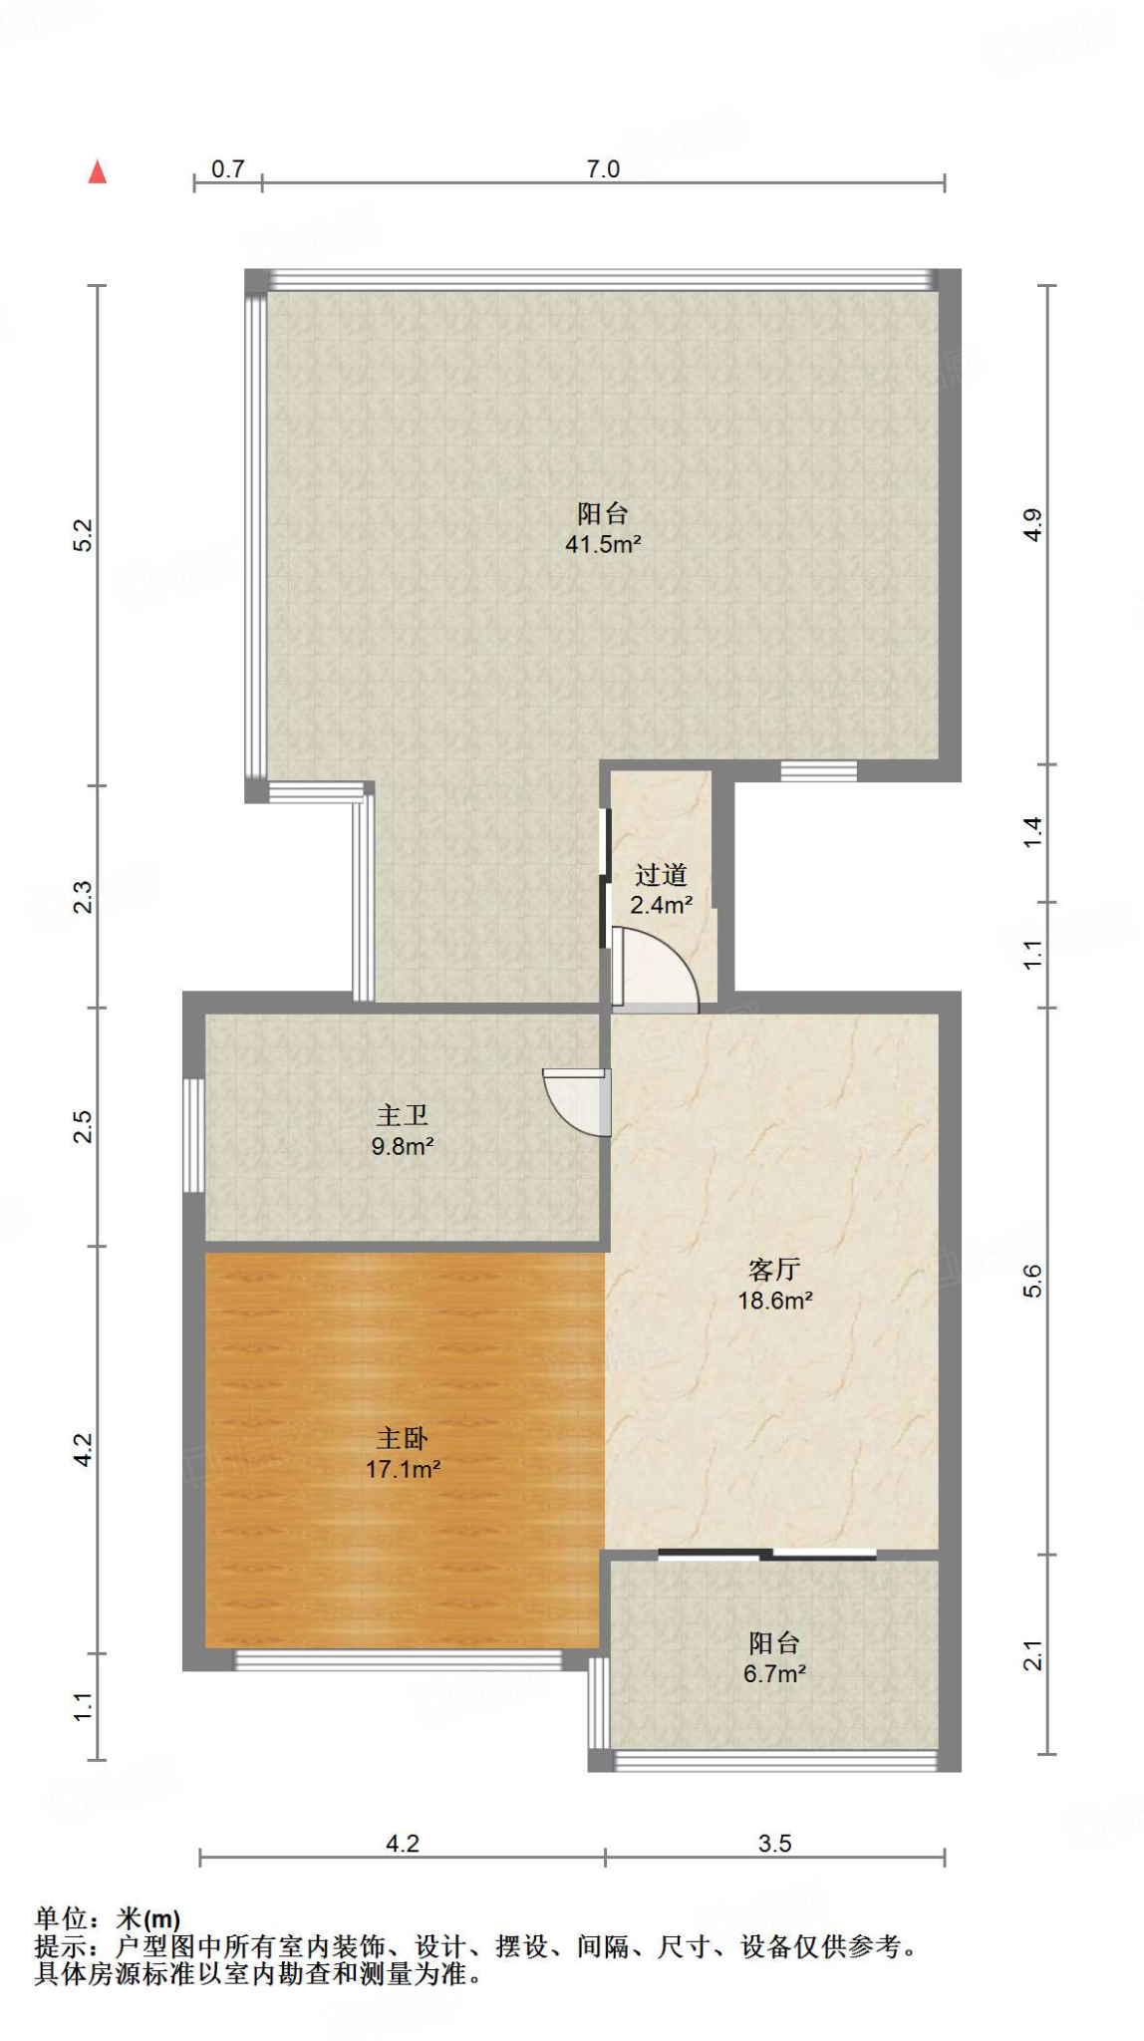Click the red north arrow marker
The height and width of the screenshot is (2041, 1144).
[x=97, y=171]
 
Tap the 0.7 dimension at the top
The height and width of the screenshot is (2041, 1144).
[x=228, y=168]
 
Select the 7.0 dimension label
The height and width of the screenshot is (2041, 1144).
[x=603, y=168]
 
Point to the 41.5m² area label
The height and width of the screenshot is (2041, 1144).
[x=603, y=544]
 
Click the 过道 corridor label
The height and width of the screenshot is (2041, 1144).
[x=662, y=875]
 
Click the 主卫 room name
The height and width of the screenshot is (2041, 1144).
[x=403, y=1115]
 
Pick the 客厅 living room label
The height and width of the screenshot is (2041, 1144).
[x=774, y=1270]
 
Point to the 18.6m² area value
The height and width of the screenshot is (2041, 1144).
[x=774, y=1301]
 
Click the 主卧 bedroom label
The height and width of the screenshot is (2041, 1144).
[x=403, y=1438]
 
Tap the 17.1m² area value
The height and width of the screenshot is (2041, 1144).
[x=403, y=1469]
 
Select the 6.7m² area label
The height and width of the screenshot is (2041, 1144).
[x=774, y=1674]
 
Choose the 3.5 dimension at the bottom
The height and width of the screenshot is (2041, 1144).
[x=774, y=1843]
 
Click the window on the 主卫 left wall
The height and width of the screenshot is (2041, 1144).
[x=194, y=1135]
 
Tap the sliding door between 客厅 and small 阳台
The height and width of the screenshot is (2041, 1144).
[x=767, y=1554]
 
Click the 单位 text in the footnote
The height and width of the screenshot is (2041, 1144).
[x=62, y=1918]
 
